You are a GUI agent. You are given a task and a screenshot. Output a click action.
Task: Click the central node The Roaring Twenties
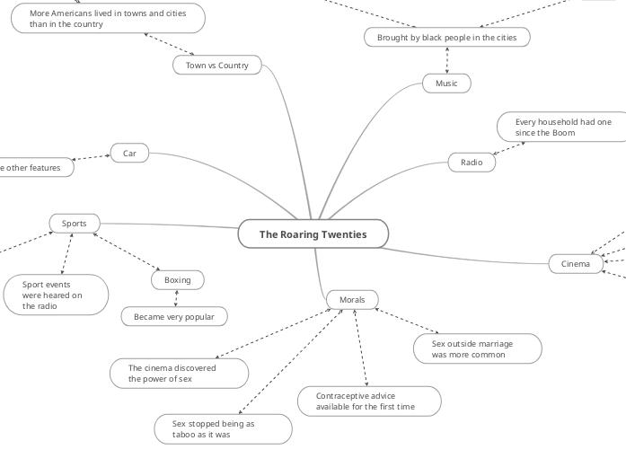(313, 234)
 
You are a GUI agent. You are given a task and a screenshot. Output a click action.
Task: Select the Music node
(446, 84)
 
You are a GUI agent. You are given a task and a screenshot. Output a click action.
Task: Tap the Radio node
(472, 163)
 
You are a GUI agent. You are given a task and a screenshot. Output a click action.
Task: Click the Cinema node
(576, 264)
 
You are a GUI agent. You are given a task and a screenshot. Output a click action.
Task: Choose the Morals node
(352, 299)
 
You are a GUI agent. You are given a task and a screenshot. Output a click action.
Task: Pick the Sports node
(75, 223)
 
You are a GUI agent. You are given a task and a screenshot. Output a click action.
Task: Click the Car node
(130, 154)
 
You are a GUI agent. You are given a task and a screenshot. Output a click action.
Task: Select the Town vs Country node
(216, 66)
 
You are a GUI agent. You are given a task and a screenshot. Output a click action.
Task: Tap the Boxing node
(178, 280)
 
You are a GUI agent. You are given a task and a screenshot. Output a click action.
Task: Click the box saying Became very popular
(174, 317)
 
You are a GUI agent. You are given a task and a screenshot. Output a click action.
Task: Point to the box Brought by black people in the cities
(446, 37)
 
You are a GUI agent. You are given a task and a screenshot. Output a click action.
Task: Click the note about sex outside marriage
(477, 348)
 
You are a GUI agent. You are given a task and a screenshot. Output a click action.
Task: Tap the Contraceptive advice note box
(367, 401)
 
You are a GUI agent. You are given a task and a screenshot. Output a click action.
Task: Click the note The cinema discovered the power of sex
(179, 373)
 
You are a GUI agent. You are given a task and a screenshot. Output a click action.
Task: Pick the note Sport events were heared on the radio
(56, 295)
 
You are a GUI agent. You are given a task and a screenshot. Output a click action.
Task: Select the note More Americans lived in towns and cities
(108, 19)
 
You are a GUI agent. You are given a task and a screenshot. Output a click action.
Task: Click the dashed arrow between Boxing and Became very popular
(177, 299)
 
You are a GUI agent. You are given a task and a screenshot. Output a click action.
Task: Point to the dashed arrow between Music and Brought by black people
(447, 60)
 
